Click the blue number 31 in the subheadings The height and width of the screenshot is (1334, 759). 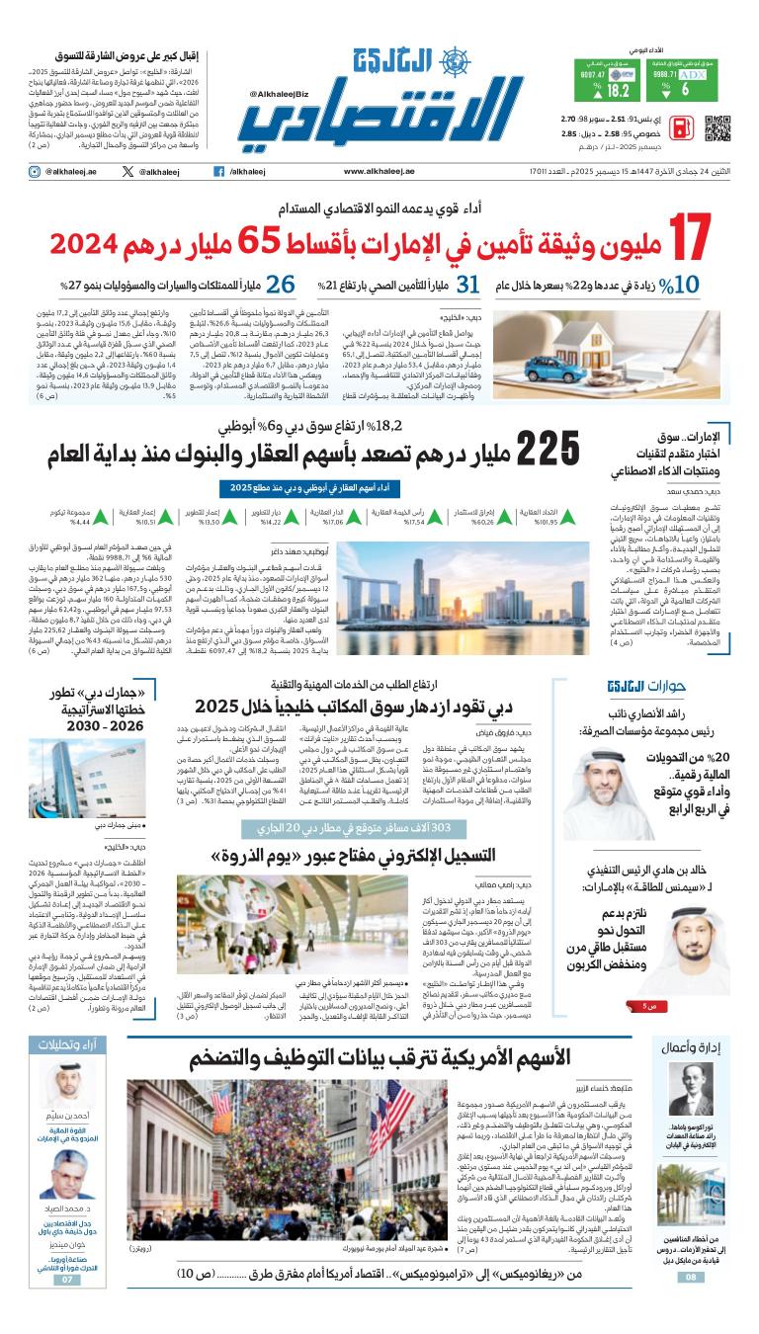[468, 286]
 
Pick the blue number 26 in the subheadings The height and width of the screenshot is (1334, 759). [281, 286]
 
